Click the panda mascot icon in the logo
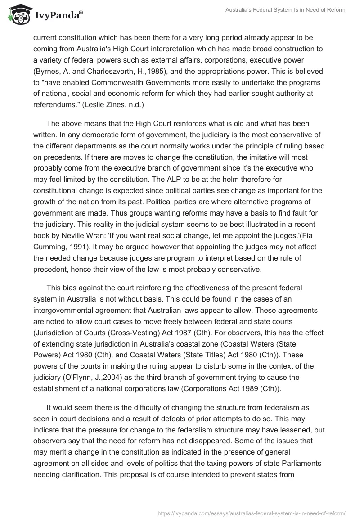point(17,15)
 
